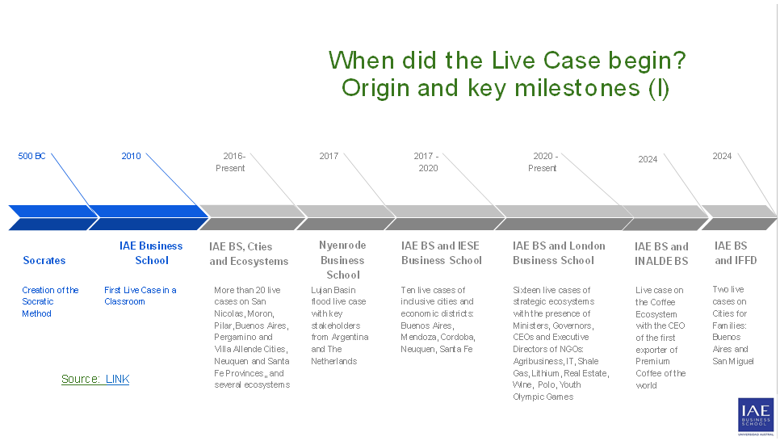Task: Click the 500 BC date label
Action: (x=32, y=156)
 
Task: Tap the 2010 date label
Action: (x=131, y=156)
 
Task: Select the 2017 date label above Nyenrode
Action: (x=329, y=156)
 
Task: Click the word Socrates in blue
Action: (x=44, y=260)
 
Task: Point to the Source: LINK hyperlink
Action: (x=95, y=379)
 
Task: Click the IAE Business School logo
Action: (x=755, y=416)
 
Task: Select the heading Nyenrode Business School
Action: (x=342, y=260)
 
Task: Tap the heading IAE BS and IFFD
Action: (x=735, y=253)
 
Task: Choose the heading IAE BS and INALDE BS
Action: (x=661, y=254)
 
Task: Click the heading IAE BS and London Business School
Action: (x=559, y=253)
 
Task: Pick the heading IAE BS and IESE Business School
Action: (x=441, y=253)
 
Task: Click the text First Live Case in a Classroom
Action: (x=140, y=296)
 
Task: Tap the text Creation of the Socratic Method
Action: (x=50, y=301)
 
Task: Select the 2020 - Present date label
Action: (x=544, y=162)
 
